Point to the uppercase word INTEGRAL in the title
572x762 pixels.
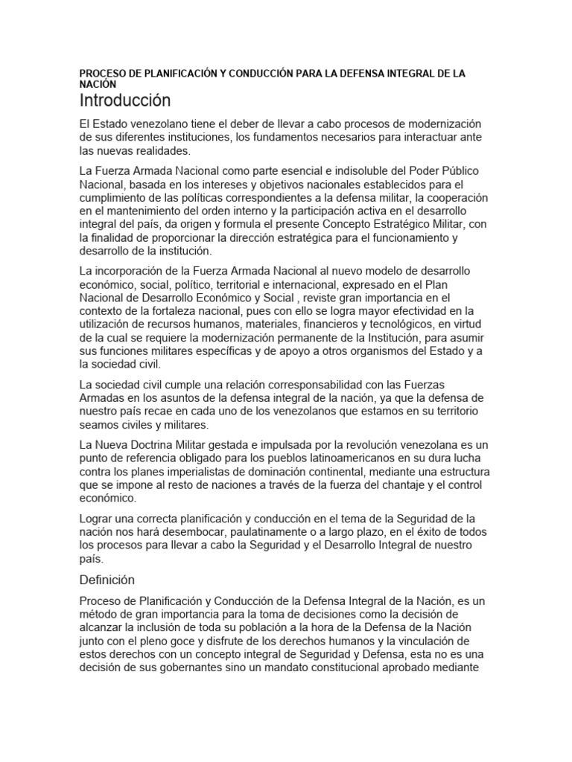pyautogui.click(x=403, y=74)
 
